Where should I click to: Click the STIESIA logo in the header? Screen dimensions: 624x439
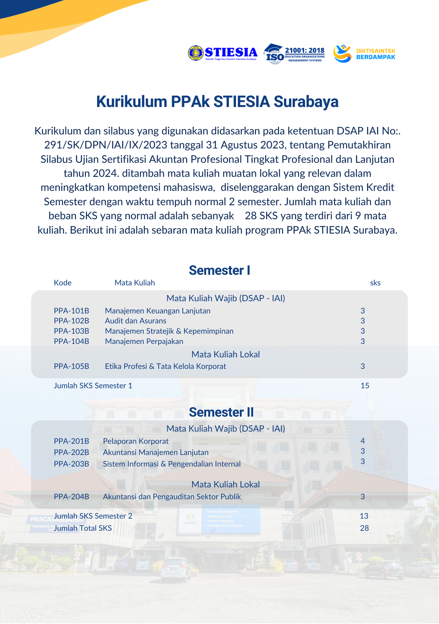tap(223, 53)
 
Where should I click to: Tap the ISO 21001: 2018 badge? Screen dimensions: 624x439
tap(294, 54)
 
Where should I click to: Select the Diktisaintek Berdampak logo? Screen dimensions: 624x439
tap(364, 54)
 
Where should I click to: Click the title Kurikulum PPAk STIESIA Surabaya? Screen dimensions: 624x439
tap(217, 102)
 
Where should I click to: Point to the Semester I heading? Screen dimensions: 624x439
tap(219, 270)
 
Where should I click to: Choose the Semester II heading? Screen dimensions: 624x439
tap(221, 412)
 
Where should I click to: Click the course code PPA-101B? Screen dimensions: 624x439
tap(71, 311)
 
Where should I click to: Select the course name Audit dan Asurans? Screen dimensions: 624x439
tap(136, 321)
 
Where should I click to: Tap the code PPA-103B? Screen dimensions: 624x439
tap(71, 331)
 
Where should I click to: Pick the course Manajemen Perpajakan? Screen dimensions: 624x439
tap(144, 341)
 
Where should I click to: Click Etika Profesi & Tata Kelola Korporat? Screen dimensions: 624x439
tap(165, 366)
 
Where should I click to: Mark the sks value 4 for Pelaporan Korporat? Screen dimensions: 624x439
tap(363, 441)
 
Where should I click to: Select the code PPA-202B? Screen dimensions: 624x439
tap(71, 452)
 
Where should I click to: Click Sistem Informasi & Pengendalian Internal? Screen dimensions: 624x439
tap(172, 464)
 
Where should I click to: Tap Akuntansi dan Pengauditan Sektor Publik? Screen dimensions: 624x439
tap(172, 497)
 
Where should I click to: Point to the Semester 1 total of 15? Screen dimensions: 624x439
tap(365, 386)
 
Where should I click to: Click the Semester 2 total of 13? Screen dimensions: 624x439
tap(364, 516)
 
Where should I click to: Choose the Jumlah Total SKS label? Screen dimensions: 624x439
tap(83, 528)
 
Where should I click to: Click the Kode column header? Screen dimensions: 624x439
tap(63, 283)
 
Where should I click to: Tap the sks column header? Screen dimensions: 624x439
tap(375, 283)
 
